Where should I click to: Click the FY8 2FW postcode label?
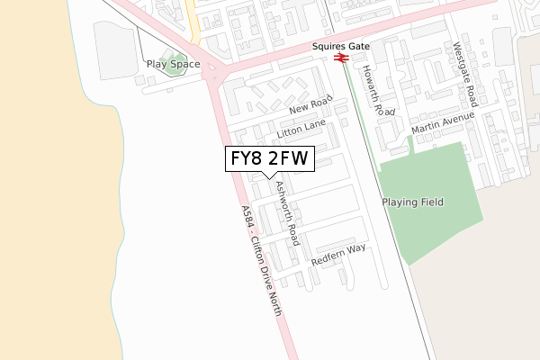pos(269,159)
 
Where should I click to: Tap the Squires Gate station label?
pos(341,44)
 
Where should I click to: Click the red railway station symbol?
pos(341,58)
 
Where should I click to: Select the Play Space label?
pos(173,65)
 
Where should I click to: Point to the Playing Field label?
pos(412,202)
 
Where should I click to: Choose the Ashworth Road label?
pos(287,214)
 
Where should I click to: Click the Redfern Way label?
pos(338,255)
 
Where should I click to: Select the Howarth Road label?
pos(379,90)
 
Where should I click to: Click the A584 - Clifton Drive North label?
pos(262,261)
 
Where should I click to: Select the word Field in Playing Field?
pos(429,202)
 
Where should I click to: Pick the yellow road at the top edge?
pos(192,18)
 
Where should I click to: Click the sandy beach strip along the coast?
pos(45,180)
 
